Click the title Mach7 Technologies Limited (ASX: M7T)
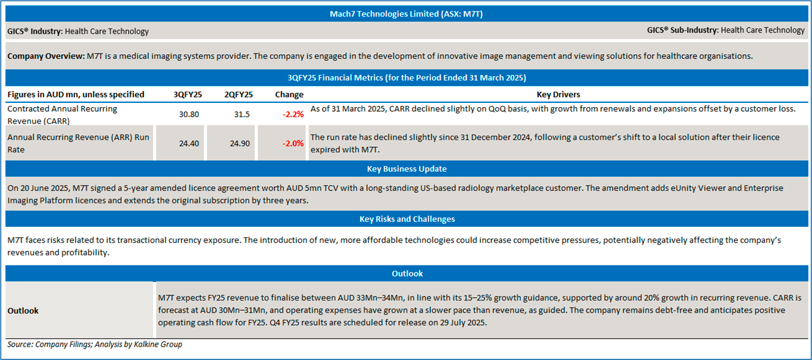(406, 14)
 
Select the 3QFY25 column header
(188, 95)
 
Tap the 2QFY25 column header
(238, 95)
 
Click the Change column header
(289, 95)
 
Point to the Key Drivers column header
(558, 95)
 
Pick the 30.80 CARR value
(189, 114)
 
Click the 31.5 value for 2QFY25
(239, 114)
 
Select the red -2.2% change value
(293, 114)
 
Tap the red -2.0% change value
(293, 143)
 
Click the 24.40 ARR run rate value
(189, 143)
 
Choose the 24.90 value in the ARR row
(239, 143)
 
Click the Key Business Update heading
(407, 169)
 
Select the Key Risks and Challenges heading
(407, 219)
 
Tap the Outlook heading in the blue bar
(407, 274)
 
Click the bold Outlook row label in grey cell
(23, 311)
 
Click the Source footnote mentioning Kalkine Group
(95, 345)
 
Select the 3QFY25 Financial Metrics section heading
(406, 78)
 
